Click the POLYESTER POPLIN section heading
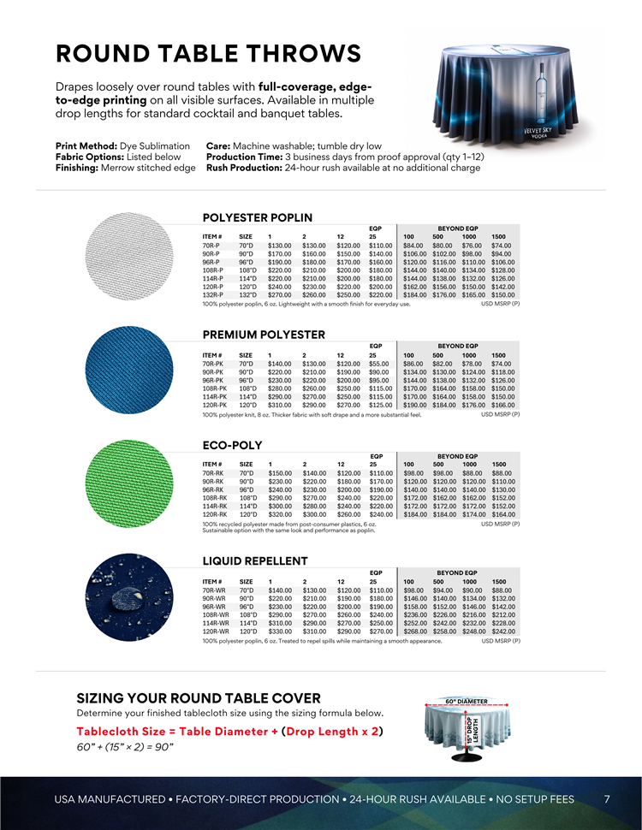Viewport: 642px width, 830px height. click(x=257, y=217)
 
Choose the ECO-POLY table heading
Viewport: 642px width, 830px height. click(x=226, y=446)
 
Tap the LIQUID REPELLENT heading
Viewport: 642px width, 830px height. click(x=254, y=561)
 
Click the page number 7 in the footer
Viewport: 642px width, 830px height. click(x=607, y=799)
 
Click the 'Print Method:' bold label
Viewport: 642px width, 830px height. click(x=82, y=146)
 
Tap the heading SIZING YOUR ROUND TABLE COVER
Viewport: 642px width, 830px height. click(x=199, y=698)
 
